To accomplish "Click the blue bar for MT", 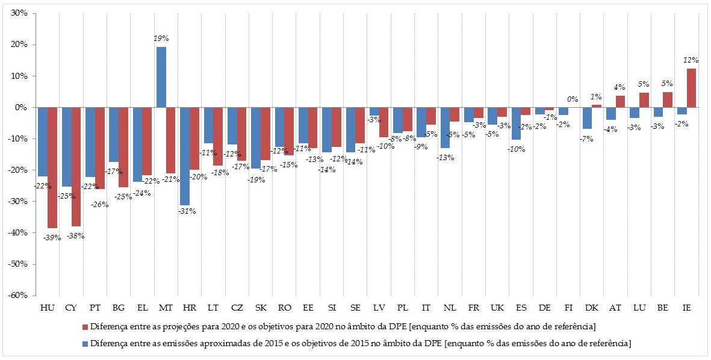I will (161, 77).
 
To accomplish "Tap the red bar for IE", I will (691, 88).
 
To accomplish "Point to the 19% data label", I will (161, 37).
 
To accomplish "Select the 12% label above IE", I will (691, 60).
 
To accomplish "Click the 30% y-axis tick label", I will (19, 13).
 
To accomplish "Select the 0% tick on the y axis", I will (22, 107).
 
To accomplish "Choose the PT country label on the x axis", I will (95, 308).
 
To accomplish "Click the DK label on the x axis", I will (592, 308).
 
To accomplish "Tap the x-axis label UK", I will (497, 308).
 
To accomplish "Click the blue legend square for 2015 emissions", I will (84, 343).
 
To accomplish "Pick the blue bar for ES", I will (516, 123).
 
